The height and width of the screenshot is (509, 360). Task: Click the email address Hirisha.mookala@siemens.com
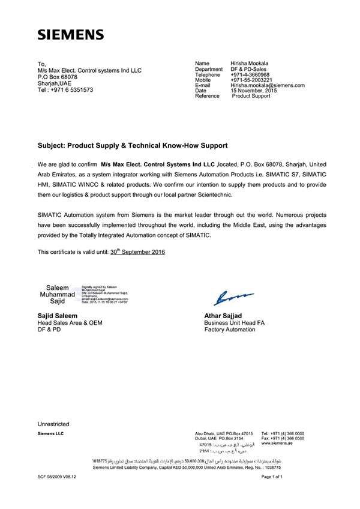[x=268, y=85]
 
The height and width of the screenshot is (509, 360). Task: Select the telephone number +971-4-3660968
[x=250, y=74]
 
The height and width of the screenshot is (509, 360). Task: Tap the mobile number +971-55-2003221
[x=251, y=80]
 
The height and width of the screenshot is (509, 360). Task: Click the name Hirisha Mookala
[x=250, y=63]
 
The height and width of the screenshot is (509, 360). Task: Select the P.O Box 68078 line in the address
[x=58, y=76]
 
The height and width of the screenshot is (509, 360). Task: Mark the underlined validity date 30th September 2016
[x=137, y=252]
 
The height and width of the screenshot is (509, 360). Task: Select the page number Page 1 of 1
[x=272, y=476]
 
